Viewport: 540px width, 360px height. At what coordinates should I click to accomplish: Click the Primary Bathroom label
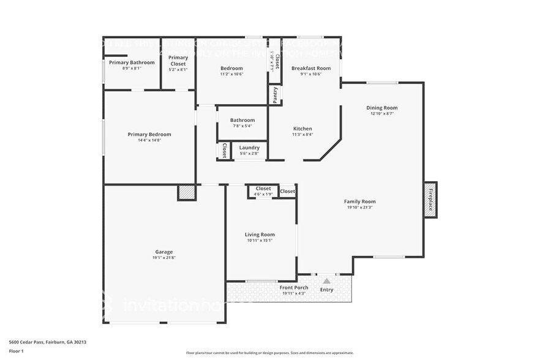click(x=132, y=62)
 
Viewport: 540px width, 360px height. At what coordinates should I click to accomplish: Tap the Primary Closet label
click(x=178, y=60)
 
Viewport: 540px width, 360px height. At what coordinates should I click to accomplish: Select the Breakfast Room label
click(x=311, y=68)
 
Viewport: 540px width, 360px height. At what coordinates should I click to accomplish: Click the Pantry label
click(x=276, y=95)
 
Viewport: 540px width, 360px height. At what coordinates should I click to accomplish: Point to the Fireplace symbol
click(x=430, y=200)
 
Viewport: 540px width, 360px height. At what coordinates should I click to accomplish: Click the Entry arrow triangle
click(x=327, y=281)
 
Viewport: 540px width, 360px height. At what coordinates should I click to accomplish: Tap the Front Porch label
click(x=294, y=287)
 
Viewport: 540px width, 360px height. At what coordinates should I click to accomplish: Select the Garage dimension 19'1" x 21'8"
click(x=163, y=258)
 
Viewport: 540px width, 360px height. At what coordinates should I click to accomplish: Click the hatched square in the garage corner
click(x=186, y=193)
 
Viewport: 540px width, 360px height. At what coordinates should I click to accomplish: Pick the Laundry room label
click(x=249, y=148)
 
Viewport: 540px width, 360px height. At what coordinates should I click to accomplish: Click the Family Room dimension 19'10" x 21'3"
click(x=359, y=208)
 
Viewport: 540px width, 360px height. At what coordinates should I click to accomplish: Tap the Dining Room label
click(x=382, y=108)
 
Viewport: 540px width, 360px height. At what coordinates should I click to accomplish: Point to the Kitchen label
click(x=302, y=129)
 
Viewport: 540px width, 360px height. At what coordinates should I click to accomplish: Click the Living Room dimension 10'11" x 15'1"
click(x=260, y=240)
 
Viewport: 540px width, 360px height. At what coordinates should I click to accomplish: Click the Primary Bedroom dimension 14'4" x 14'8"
click(x=149, y=140)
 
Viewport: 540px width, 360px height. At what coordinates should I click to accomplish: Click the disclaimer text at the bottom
click(x=269, y=353)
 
